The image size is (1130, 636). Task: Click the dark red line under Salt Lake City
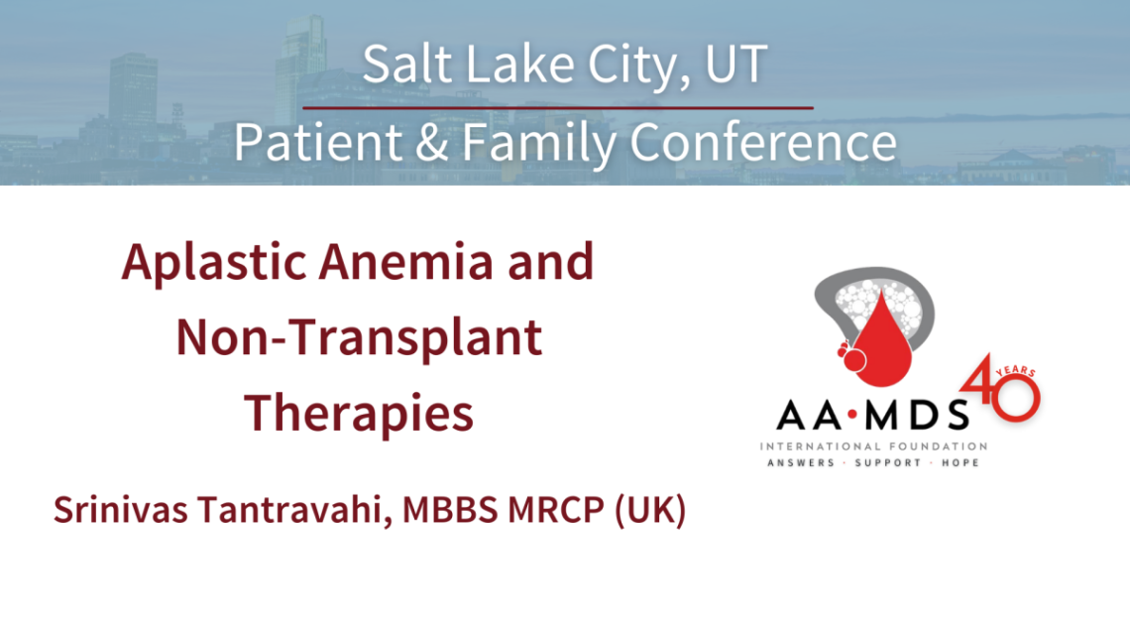[x=557, y=107]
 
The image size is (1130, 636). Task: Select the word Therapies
[x=359, y=412]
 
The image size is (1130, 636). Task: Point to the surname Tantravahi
[x=288, y=512]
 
